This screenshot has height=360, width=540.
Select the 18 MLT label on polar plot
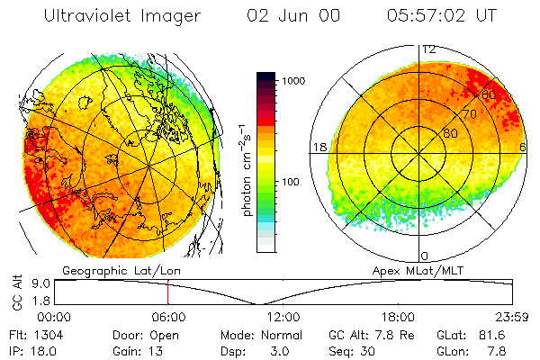click(x=317, y=147)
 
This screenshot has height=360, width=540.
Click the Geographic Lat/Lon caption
click(x=111, y=270)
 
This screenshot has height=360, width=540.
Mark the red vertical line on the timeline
click(x=167, y=292)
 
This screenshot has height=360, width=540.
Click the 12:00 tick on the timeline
click(x=282, y=317)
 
